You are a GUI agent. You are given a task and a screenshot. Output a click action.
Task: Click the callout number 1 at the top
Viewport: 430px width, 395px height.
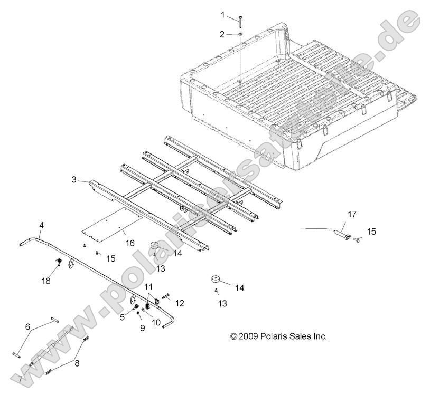(x=222, y=14)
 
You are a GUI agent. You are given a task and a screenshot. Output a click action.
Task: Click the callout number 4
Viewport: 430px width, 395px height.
(x=42, y=226)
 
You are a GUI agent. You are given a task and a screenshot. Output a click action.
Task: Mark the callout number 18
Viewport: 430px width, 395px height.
(x=46, y=281)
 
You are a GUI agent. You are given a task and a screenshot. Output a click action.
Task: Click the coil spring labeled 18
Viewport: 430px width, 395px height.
(x=60, y=263)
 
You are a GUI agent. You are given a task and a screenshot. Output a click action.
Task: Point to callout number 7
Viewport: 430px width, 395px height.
(x=20, y=379)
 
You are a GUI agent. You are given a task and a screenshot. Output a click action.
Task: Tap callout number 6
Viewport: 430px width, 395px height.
(x=27, y=326)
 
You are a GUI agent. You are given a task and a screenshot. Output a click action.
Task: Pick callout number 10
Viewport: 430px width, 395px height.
(x=157, y=321)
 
